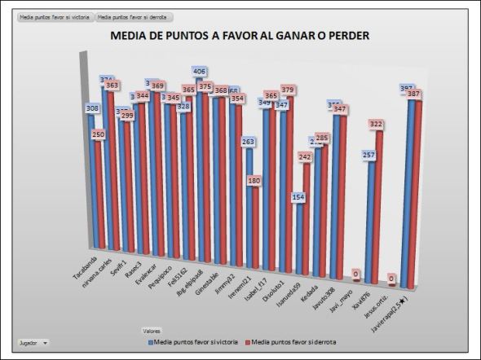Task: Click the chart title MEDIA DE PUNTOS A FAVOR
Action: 240,36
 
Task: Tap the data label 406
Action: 200,71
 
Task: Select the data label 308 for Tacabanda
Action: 92,108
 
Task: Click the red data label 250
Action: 99,134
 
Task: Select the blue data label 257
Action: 369,156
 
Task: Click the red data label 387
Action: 414,94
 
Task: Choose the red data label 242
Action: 304,156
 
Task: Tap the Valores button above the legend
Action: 151,331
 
